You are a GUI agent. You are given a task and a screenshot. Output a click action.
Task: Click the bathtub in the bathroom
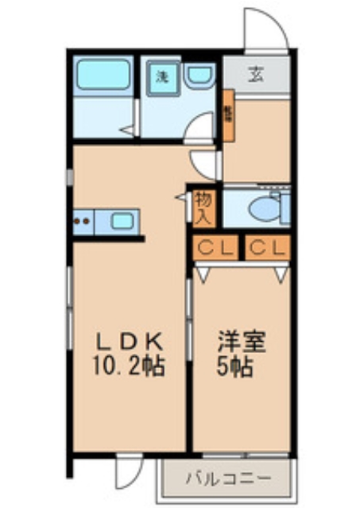click(103, 76)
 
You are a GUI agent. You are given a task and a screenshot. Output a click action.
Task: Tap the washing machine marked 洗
click(162, 77)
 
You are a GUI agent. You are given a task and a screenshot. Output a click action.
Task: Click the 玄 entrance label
click(256, 76)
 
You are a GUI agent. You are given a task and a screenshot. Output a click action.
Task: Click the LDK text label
click(130, 343)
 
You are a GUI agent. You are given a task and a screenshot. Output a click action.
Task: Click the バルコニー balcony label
click(228, 479)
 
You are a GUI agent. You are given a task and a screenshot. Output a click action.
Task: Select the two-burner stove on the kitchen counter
click(83, 220)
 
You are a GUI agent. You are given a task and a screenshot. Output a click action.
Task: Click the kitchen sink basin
click(122, 220)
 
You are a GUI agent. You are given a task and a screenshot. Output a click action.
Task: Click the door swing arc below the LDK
click(127, 471)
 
